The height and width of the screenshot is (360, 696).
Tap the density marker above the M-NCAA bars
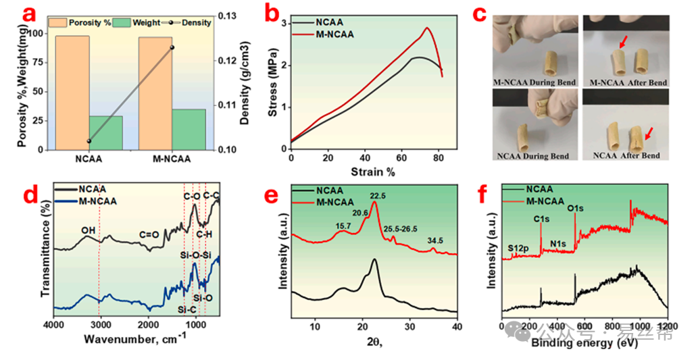click(172, 47)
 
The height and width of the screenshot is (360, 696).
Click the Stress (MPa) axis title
click(273, 82)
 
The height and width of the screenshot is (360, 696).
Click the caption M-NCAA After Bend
click(628, 82)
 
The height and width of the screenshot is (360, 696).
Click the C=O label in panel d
click(149, 235)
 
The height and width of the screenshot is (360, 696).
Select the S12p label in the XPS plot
click(518, 249)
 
